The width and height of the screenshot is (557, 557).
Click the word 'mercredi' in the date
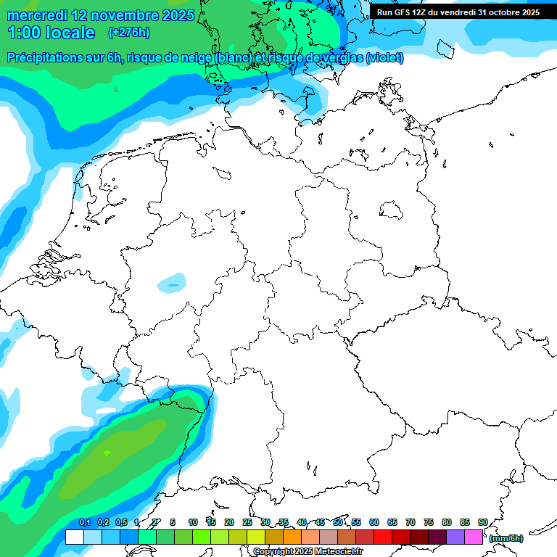tap(36, 15)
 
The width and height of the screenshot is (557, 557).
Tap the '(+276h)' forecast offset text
tap(129, 33)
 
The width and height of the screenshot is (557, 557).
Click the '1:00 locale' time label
tap(51, 33)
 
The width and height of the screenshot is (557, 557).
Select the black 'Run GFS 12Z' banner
tap(458, 12)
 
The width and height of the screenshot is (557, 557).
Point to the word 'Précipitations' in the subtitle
tap(46, 58)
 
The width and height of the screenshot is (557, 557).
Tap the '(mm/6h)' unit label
tap(506, 538)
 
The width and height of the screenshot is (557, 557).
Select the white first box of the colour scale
tap(75, 537)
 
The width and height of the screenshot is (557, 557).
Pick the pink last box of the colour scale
tap(474, 537)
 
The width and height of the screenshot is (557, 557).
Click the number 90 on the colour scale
tap(482, 522)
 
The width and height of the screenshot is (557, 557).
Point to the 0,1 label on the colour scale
tap(85, 522)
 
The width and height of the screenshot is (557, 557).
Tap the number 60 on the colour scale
tap(374, 522)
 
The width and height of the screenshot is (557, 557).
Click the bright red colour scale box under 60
tap(383, 537)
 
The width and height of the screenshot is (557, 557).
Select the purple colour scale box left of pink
tap(455, 537)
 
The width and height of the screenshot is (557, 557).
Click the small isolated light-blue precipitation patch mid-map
tap(172, 283)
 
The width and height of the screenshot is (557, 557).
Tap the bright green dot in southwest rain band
tap(107, 453)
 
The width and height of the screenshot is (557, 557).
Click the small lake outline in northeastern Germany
tap(392, 211)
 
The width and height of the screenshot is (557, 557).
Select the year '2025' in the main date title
tap(174, 15)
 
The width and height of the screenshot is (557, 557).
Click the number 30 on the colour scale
tap(265, 522)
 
